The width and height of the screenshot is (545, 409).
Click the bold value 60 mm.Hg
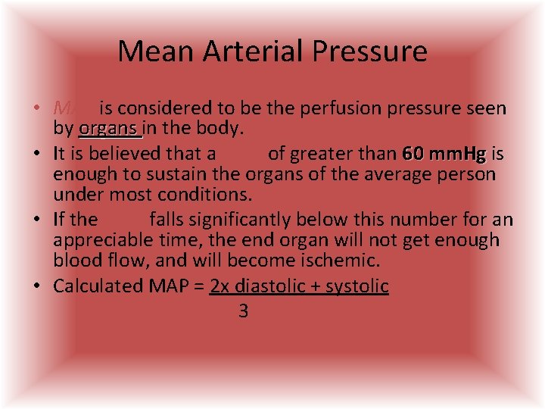click(444, 154)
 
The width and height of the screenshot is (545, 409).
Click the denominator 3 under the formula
click(243, 311)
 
